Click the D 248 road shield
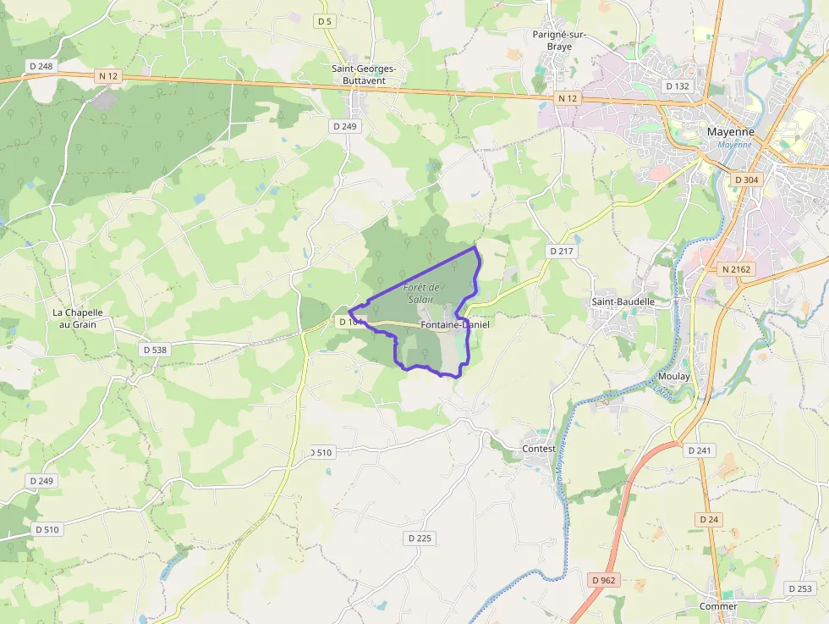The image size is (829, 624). point(40,66)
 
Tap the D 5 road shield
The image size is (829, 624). point(325,20)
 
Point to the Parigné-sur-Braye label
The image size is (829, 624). point(559,41)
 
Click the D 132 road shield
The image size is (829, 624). point(678,86)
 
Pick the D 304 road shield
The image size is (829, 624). point(747,179)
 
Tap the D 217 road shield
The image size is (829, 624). point(561,251)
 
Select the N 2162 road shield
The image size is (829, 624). point(737,269)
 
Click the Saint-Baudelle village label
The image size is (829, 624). point(623,301)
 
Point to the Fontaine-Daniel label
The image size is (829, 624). point(455,324)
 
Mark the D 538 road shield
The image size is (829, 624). point(156,349)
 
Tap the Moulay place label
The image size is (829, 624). point(673,376)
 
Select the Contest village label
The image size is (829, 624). point(539,449)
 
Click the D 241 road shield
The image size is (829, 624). point(700,450)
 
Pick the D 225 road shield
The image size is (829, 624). point(420,538)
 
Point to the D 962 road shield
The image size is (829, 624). point(604,580)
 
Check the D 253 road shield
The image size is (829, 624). point(799,588)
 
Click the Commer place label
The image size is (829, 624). point(717,606)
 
